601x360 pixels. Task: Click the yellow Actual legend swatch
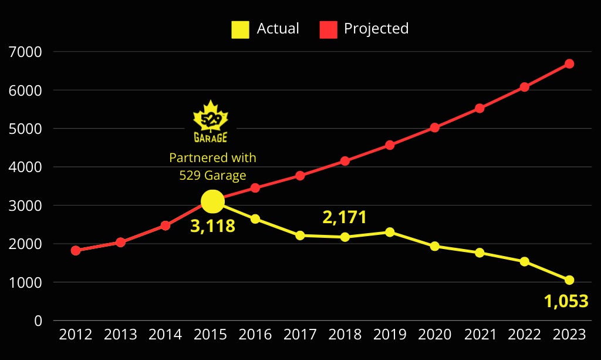click(240, 29)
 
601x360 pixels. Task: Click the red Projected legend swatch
click(328, 29)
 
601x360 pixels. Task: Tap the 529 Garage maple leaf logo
click(211, 122)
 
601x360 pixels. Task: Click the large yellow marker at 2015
click(212, 201)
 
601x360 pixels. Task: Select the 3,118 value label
click(212, 226)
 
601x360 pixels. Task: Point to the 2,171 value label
click(345, 217)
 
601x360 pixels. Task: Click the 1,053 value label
click(566, 301)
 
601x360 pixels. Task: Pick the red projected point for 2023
click(569, 63)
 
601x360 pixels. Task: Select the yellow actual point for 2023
click(569, 280)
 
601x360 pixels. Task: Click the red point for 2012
click(76, 250)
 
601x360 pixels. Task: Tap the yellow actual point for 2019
click(390, 232)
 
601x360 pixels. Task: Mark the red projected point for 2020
click(434, 127)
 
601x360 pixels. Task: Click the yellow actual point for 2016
click(255, 218)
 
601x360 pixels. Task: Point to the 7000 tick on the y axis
click(26, 52)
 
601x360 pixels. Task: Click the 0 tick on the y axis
click(38, 321)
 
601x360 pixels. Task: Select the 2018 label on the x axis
click(345, 335)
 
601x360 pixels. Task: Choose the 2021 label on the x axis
click(480, 335)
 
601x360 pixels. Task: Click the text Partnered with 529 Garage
click(212, 166)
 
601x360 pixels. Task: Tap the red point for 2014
click(166, 226)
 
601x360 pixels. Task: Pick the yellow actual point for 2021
click(480, 253)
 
